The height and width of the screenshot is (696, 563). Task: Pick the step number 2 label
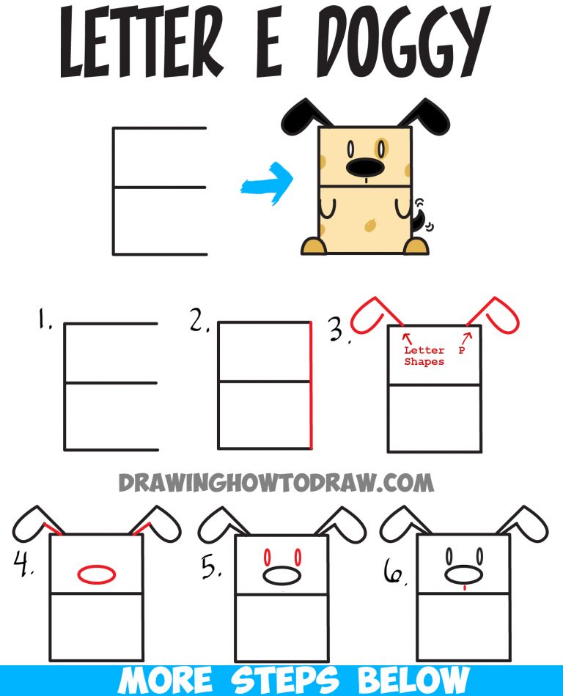point(199,320)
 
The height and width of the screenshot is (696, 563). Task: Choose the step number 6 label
point(394,577)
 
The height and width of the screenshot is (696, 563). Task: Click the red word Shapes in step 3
point(424,362)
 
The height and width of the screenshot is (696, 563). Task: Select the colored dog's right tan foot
point(417,247)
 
